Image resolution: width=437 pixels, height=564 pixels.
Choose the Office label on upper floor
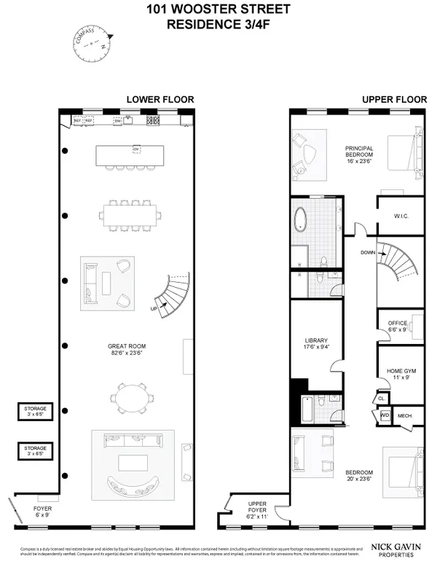(398, 326)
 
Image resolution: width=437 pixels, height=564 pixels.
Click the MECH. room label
(405, 416)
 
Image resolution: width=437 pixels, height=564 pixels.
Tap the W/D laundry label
(385, 416)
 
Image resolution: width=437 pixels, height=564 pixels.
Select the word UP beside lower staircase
(154, 308)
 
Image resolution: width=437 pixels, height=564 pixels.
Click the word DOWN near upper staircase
(368, 252)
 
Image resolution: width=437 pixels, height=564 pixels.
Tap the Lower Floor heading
(160, 100)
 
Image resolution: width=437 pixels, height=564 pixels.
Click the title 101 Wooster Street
(218, 9)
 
